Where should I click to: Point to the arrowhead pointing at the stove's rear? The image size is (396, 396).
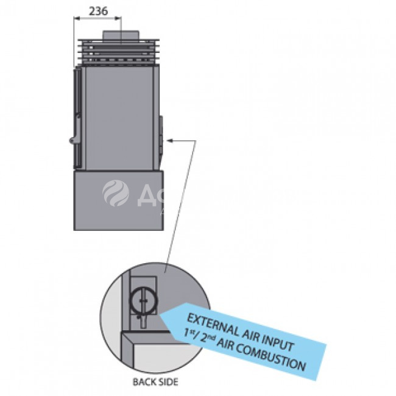[x=169, y=141]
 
